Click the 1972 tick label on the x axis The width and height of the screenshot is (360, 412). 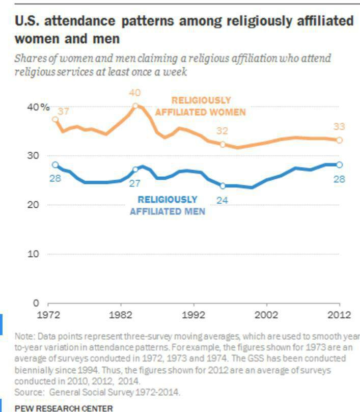pyautogui.click(x=48, y=314)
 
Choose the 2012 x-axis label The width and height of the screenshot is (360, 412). pyautogui.click(x=338, y=314)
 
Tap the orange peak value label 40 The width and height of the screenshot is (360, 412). pyautogui.click(x=135, y=93)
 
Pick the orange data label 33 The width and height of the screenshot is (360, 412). pyautogui.click(x=340, y=126)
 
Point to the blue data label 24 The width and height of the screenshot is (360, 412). pyautogui.click(x=222, y=200)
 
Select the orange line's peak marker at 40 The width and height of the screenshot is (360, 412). pyautogui.click(x=135, y=106)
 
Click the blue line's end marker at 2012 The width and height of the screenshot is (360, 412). pyautogui.click(x=340, y=164)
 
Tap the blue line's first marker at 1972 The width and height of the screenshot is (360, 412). pyautogui.click(x=55, y=164)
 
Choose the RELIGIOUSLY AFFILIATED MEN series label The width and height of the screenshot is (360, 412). pyautogui.click(x=168, y=205)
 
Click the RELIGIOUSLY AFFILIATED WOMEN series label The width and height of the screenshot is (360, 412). pyautogui.click(x=201, y=106)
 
